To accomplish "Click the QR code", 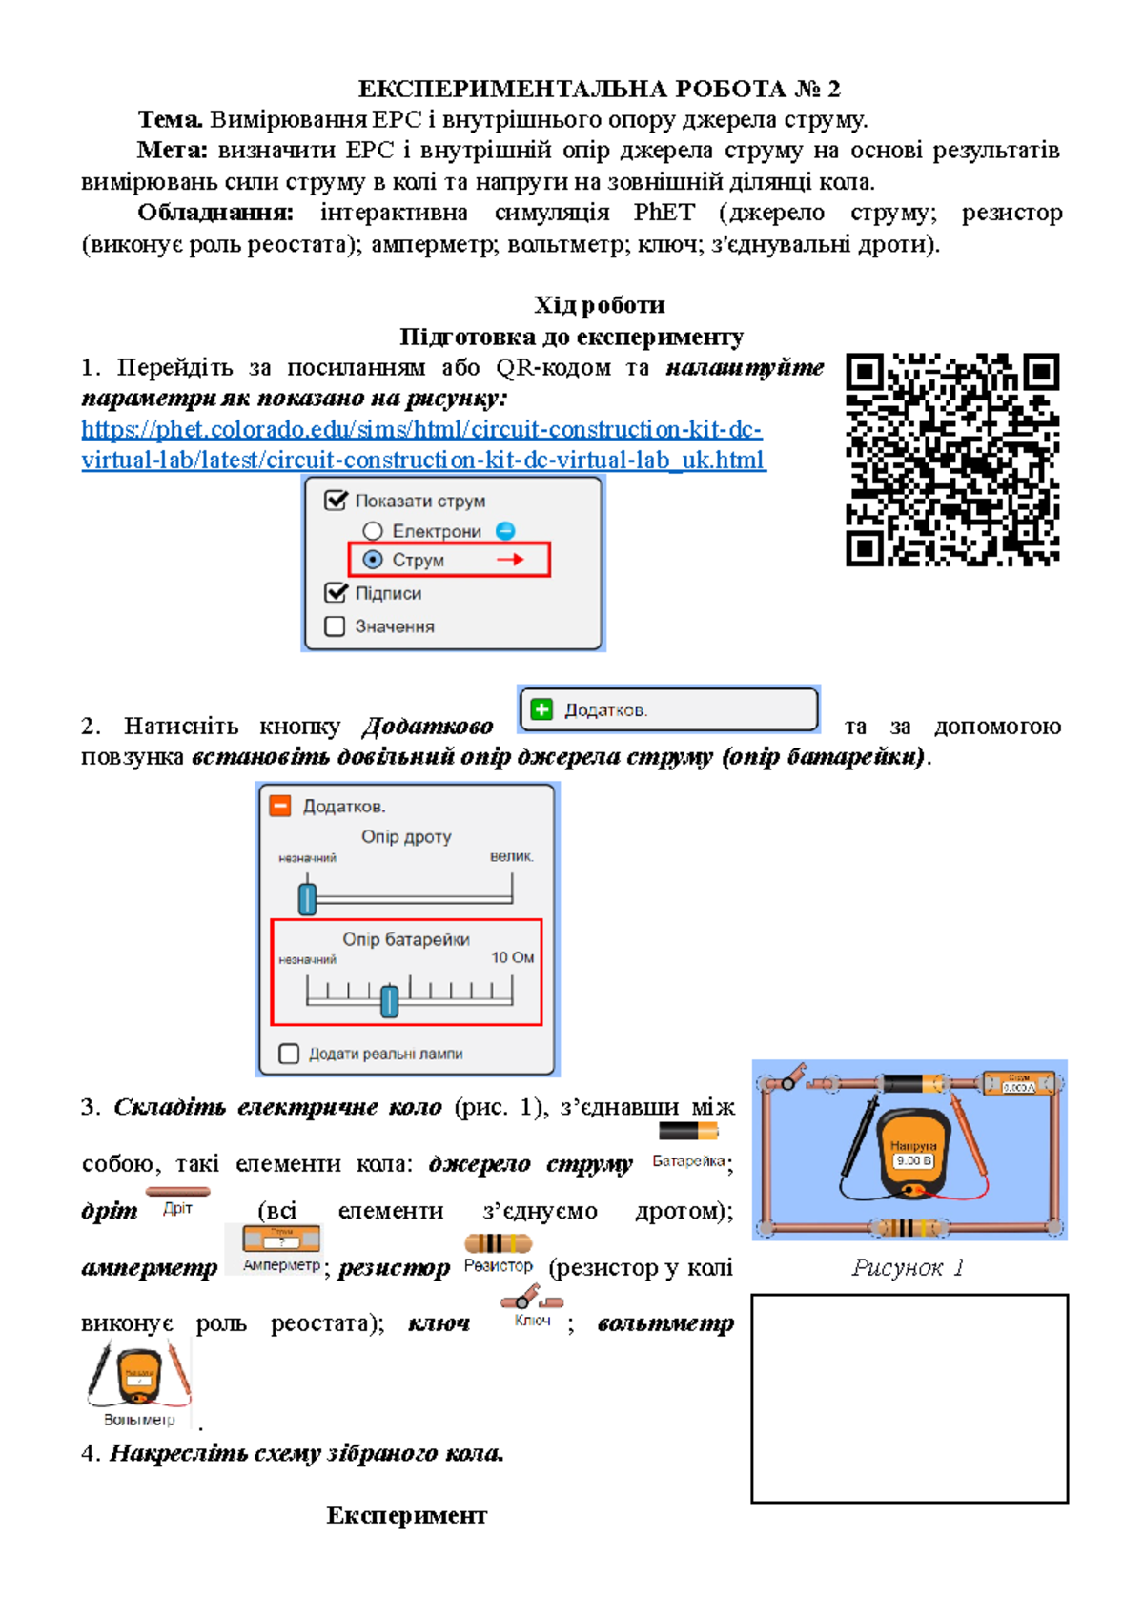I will coord(952,460).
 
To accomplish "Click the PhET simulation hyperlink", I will coord(422,444).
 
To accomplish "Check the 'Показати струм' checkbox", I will coord(336,501).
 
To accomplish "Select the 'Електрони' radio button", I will coord(373,531).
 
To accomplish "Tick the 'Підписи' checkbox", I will coord(336,593).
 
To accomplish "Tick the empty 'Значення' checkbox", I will coord(335,626).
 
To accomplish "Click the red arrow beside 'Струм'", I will coord(511,560).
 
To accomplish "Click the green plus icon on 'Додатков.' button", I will coord(541,709).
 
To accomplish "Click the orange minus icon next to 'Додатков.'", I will coord(280,806).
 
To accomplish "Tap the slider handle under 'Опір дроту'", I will coord(307,898).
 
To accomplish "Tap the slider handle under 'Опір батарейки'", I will coord(389,1001).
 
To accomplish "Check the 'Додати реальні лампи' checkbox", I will coord(289,1054).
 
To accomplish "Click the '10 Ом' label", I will coord(512,957).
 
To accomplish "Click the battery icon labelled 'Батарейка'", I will coord(688,1132).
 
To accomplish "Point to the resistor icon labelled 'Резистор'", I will coord(498,1243).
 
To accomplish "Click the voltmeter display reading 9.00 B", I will coord(913,1160).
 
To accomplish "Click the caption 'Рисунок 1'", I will coord(908,1267).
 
